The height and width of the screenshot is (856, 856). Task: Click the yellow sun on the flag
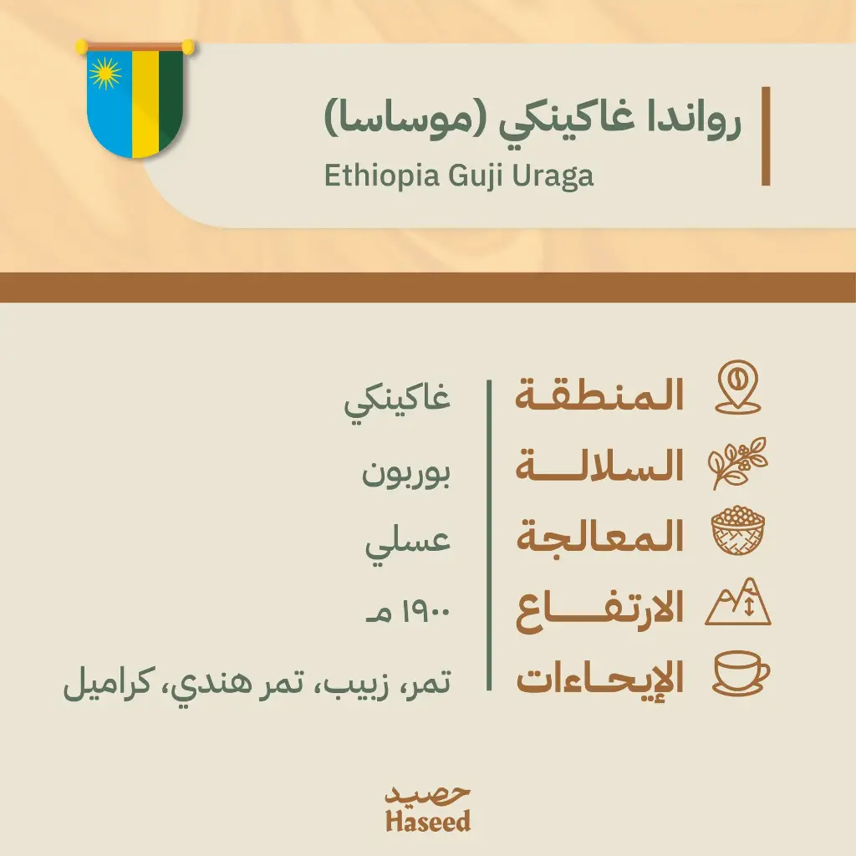104,74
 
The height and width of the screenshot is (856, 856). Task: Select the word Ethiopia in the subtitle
382,176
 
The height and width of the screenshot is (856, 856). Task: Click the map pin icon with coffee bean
738,387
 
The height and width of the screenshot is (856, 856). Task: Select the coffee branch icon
737,463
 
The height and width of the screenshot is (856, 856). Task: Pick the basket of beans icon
738,531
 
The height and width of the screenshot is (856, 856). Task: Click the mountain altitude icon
738,602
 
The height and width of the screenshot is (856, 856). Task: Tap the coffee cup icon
741,673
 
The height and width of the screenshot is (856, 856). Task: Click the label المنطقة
599,395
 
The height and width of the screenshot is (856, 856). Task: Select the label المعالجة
600,536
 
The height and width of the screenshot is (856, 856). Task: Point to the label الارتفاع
600,609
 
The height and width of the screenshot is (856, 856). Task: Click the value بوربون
406,473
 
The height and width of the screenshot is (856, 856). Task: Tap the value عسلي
408,544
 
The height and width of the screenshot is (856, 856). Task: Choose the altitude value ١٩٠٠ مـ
408,612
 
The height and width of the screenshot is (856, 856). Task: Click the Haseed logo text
428,809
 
